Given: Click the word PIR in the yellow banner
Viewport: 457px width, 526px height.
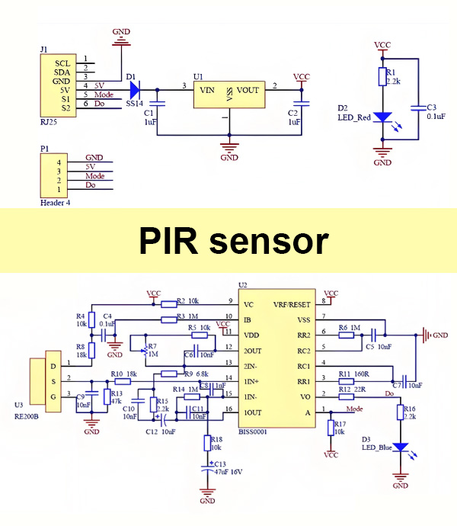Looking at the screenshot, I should coord(171,241).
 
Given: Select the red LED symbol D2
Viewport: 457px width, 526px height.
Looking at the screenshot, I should coord(383,119).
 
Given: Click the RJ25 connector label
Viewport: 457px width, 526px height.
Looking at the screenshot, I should coord(49,120).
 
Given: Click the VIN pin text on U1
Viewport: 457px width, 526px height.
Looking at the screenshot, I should coord(206,90).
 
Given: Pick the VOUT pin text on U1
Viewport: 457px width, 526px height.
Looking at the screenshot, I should coord(248,90).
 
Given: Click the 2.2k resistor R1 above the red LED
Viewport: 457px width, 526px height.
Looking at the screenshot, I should coord(383,76).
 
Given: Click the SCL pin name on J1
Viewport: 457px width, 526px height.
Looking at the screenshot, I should coord(62,62).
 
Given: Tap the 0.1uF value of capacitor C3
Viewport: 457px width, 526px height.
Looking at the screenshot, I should coord(436,117).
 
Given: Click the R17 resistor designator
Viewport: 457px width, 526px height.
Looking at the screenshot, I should coord(340,424).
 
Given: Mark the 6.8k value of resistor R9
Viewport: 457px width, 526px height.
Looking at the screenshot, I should coord(203,374).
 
